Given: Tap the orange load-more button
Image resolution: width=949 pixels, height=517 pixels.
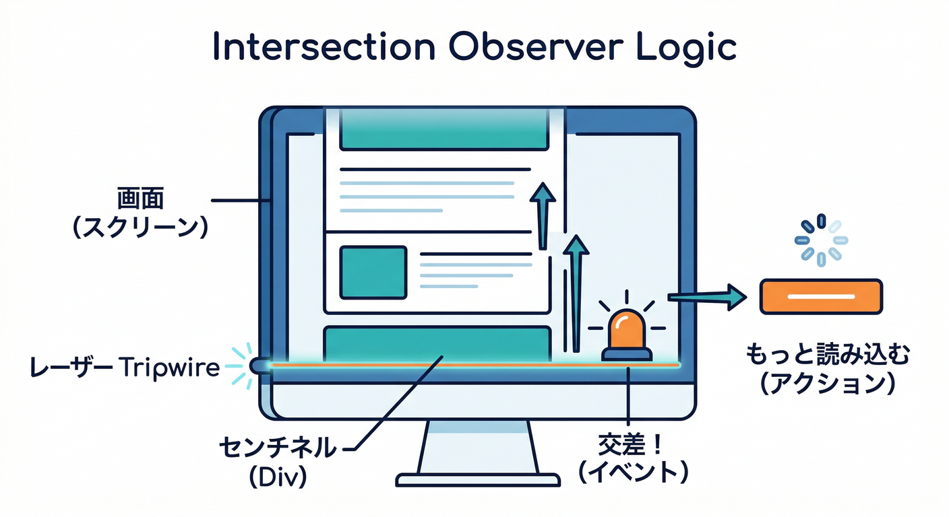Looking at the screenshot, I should [x=820, y=296].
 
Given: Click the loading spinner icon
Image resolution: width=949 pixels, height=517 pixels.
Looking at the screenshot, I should [x=820, y=240].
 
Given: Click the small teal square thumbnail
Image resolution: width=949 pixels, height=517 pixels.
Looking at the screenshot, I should [x=373, y=272].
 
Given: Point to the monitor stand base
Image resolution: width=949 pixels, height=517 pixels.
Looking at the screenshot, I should [x=477, y=479].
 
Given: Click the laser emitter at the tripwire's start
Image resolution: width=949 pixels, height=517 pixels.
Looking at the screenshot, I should [x=259, y=365].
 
